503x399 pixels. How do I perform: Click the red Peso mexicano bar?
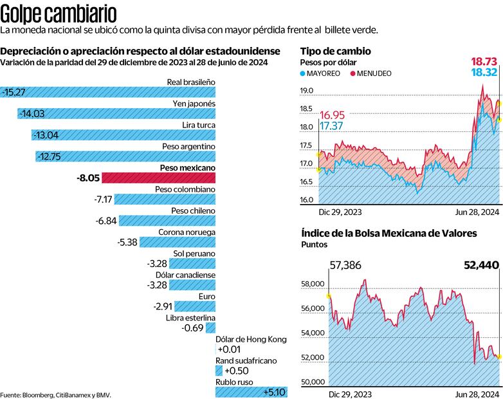(x=158, y=178)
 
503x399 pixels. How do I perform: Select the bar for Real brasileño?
(x=108, y=92)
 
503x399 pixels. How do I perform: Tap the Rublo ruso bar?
(x=251, y=392)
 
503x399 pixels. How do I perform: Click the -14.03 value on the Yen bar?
(x=32, y=114)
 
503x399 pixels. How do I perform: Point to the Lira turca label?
(x=197, y=125)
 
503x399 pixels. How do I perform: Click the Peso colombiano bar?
(x=165, y=199)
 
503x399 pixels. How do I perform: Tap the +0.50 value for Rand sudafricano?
(x=235, y=371)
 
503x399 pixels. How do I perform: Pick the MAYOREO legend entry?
(x=322, y=74)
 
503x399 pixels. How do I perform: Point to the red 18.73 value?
(x=484, y=61)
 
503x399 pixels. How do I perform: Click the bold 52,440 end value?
(x=481, y=264)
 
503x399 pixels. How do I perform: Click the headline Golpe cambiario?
(x=59, y=13)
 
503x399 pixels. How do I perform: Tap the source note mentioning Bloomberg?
(x=51, y=394)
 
